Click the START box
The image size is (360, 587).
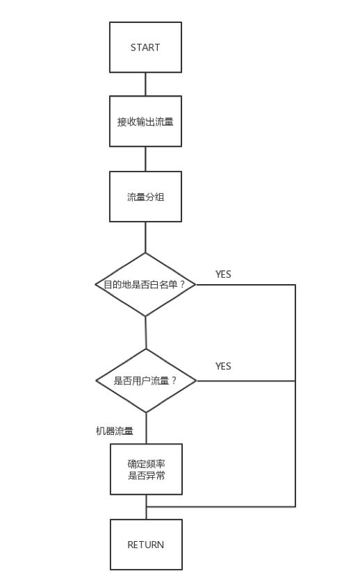point(145,47)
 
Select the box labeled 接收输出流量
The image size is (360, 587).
point(145,122)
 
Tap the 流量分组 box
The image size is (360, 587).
point(145,197)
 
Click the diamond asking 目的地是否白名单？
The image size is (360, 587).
point(145,284)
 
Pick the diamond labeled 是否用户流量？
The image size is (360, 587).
point(146,381)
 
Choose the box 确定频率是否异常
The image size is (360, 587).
point(146,469)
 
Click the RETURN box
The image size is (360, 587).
point(146,545)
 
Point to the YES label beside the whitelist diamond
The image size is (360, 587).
point(223,274)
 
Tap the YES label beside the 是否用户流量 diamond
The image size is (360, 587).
point(223,366)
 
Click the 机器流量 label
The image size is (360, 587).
point(115,431)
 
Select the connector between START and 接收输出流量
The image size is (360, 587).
point(145,84)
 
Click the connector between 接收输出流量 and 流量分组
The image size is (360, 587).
point(145,159)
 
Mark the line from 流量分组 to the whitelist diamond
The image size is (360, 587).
point(145,237)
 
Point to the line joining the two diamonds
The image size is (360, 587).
point(145,332)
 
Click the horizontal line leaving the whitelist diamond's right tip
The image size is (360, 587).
point(243,284)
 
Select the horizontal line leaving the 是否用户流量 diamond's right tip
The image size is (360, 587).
point(243,381)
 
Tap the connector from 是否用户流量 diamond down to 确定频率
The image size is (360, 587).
point(146,428)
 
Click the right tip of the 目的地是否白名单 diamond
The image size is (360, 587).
point(195,284)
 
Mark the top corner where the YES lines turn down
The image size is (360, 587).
point(295,284)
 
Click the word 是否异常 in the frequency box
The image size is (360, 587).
point(146,476)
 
